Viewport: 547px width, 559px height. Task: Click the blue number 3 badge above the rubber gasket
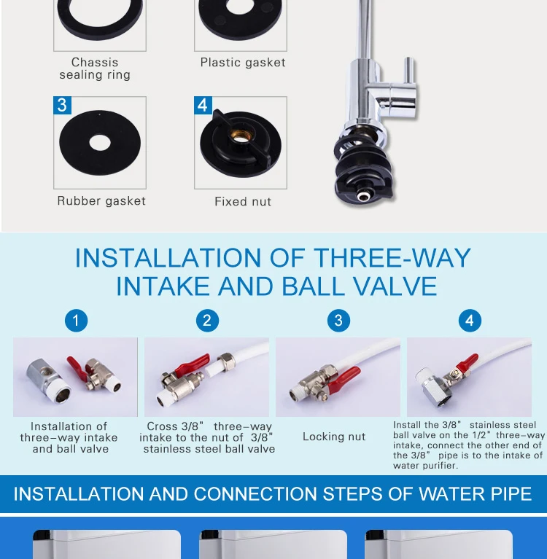[x=62, y=105]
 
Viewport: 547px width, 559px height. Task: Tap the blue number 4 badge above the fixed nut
[x=203, y=105]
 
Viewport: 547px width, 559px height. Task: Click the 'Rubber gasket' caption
[x=101, y=201]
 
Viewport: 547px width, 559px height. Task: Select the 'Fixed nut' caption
[x=243, y=201]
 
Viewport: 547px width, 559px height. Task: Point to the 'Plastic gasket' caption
[x=243, y=63]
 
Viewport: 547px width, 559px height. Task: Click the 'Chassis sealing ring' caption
[x=95, y=69]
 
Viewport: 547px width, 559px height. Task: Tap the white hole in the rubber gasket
[x=100, y=143]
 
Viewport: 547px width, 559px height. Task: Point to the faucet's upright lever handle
[x=409, y=71]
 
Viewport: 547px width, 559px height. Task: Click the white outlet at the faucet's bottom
[x=363, y=196]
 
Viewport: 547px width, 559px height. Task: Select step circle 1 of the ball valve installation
[x=76, y=321]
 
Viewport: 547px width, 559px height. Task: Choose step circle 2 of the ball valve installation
[x=207, y=321]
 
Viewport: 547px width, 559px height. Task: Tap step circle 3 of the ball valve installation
[x=338, y=321]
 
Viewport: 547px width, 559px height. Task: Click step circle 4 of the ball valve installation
[x=470, y=321]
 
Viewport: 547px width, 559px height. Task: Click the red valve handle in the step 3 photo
[x=344, y=380]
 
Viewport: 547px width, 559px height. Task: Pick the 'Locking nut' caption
[x=334, y=437]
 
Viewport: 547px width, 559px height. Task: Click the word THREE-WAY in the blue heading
[x=392, y=258]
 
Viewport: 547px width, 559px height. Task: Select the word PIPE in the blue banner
[x=511, y=494]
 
